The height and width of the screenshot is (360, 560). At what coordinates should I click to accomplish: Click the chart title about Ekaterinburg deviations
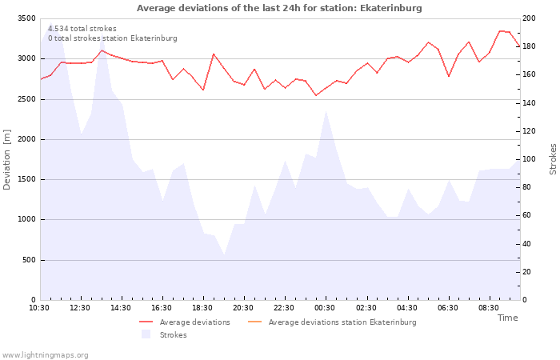tap(279, 8)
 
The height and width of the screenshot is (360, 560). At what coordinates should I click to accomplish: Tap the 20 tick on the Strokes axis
tap(531, 272)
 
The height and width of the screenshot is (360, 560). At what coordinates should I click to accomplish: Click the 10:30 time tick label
tap(40, 307)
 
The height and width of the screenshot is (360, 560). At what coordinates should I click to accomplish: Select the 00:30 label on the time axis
tap(325, 307)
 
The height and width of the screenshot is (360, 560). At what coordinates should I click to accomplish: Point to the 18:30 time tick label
tap(202, 307)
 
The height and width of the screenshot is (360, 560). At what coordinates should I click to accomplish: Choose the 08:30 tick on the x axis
tap(489, 307)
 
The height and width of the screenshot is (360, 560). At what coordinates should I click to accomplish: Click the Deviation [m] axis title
tap(7, 159)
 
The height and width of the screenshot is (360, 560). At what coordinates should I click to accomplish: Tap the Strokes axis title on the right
tap(553, 159)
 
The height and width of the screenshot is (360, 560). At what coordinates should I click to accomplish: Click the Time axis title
tap(507, 318)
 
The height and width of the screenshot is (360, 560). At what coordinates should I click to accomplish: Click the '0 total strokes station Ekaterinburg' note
tap(112, 38)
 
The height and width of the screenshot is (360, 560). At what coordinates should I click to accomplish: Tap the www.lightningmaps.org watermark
tap(46, 355)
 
